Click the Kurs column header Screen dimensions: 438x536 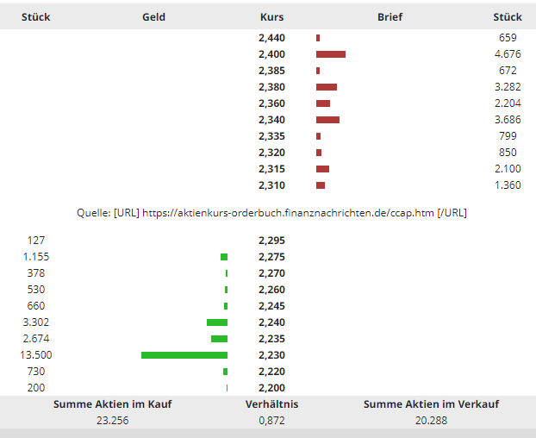[x=271, y=16]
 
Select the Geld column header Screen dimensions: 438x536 [x=154, y=16]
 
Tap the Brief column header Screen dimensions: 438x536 [x=390, y=16]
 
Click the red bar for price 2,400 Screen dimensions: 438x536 [x=331, y=54]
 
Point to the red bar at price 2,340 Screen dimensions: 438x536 [x=327, y=120]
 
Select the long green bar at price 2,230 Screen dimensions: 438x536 [x=184, y=355]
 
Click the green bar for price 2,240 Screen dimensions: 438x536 [x=217, y=322]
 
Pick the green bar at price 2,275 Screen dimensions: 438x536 [x=224, y=257]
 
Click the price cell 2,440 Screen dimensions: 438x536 [x=271, y=38]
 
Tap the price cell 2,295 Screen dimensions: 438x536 [x=271, y=241]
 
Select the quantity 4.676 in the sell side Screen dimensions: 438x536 [x=507, y=54]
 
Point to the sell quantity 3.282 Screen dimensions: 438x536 [x=507, y=87]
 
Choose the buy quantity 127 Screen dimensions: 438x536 [x=35, y=241]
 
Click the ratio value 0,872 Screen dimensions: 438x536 [x=271, y=421]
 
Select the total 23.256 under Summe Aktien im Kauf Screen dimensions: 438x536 [x=113, y=421]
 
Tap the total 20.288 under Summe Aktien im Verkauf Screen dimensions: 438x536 [x=431, y=421]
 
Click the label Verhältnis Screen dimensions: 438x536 [x=271, y=404]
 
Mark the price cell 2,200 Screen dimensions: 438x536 [x=271, y=388]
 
